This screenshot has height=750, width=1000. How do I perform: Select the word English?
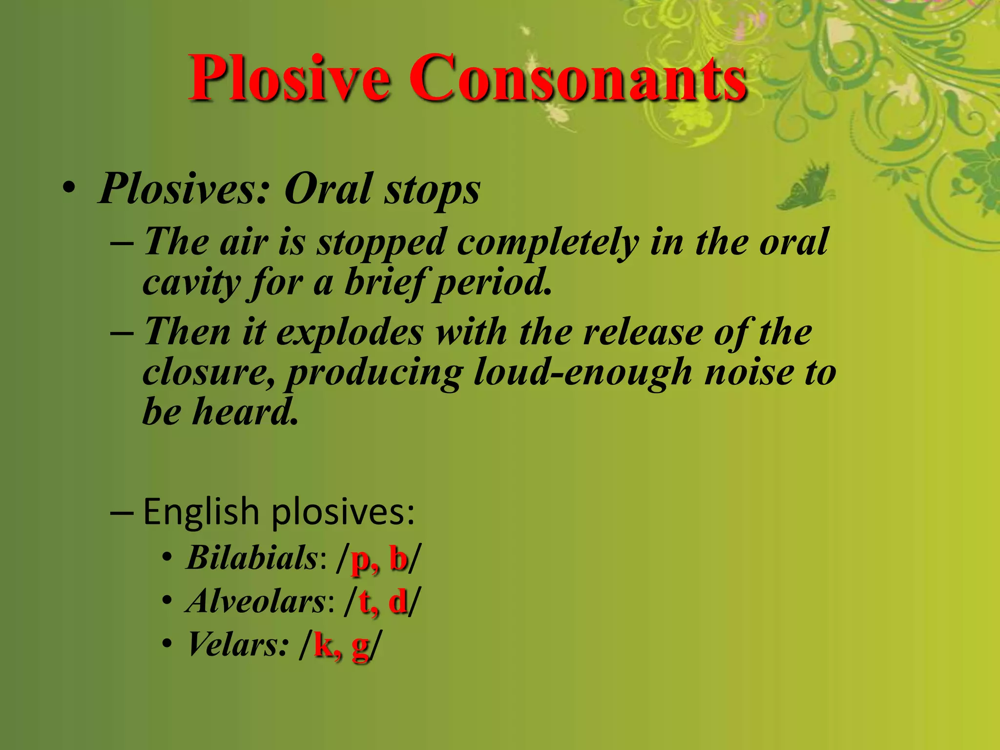[201, 512]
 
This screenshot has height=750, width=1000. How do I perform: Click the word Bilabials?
[252, 558]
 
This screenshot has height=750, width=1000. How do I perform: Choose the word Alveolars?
[256, 601]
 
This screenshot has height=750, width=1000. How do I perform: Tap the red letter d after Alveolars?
[398, 602]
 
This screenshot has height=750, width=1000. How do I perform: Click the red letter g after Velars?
[360, 647]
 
